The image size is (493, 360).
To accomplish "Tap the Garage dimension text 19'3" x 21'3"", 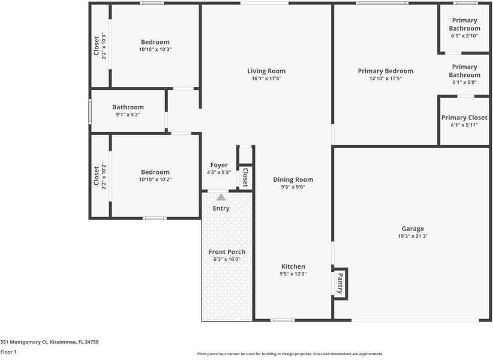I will point(413,236).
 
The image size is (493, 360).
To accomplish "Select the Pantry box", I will point(340,282).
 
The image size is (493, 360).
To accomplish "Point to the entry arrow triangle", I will point(221,197).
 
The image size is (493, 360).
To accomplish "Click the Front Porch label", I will point(226,251).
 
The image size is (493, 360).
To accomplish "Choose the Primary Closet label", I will point(464,118).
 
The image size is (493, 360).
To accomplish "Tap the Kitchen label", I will point(293,266).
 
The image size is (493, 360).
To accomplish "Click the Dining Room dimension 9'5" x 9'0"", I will point(293,187).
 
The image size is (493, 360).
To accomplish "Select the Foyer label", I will point(219,165).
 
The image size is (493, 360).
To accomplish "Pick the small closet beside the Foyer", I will point(245,177).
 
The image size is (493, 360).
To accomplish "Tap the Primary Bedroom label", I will point(385,71).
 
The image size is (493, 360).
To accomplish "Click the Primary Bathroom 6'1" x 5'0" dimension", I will point(464,83).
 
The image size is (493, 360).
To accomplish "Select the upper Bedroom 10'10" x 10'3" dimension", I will point(155,49).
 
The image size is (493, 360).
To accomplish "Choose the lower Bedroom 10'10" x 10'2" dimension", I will point(155,179).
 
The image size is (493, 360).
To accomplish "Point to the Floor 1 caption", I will point(8,352).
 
